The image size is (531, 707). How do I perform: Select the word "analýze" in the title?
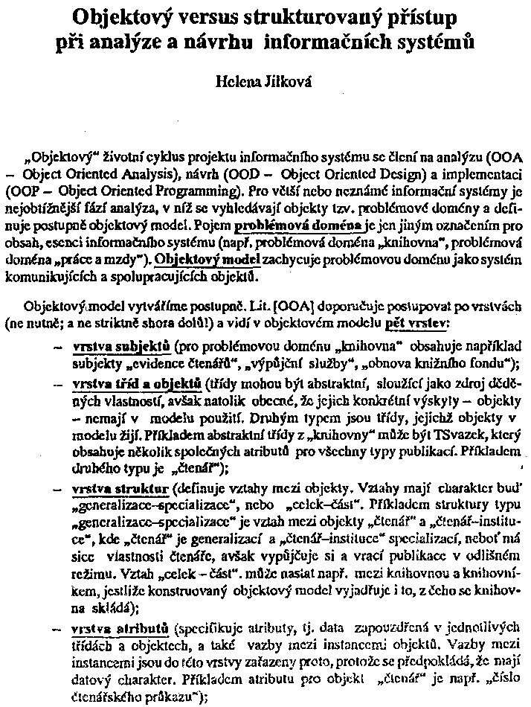(x=169, y=42)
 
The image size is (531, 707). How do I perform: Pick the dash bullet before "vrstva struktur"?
(x=58, y=490)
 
